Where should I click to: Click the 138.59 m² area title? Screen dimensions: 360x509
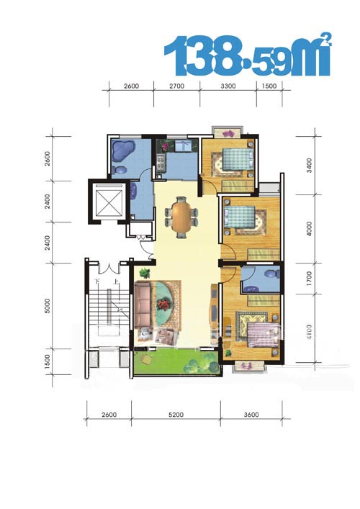coord(248,55)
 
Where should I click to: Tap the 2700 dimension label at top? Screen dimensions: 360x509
coord(177,86)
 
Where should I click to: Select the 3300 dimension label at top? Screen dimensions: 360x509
coord(228,86)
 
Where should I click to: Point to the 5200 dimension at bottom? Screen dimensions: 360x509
coord(176,415)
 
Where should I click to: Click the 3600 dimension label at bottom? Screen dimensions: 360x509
coord(251,415)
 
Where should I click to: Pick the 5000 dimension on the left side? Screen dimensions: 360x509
coord(48,305)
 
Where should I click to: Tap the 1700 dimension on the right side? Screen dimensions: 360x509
coord(309,279)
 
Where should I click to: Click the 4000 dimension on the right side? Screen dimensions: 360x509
coord(309,228)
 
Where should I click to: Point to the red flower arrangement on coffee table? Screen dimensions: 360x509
coord(163,305)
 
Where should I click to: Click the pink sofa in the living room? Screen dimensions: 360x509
coord(143,305)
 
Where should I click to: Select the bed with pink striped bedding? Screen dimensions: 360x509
coord(263,334)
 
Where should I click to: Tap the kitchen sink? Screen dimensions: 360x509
coord(184,145)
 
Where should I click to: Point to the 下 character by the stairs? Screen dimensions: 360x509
coord(96,281)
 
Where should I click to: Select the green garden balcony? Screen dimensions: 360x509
coord(177,361)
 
